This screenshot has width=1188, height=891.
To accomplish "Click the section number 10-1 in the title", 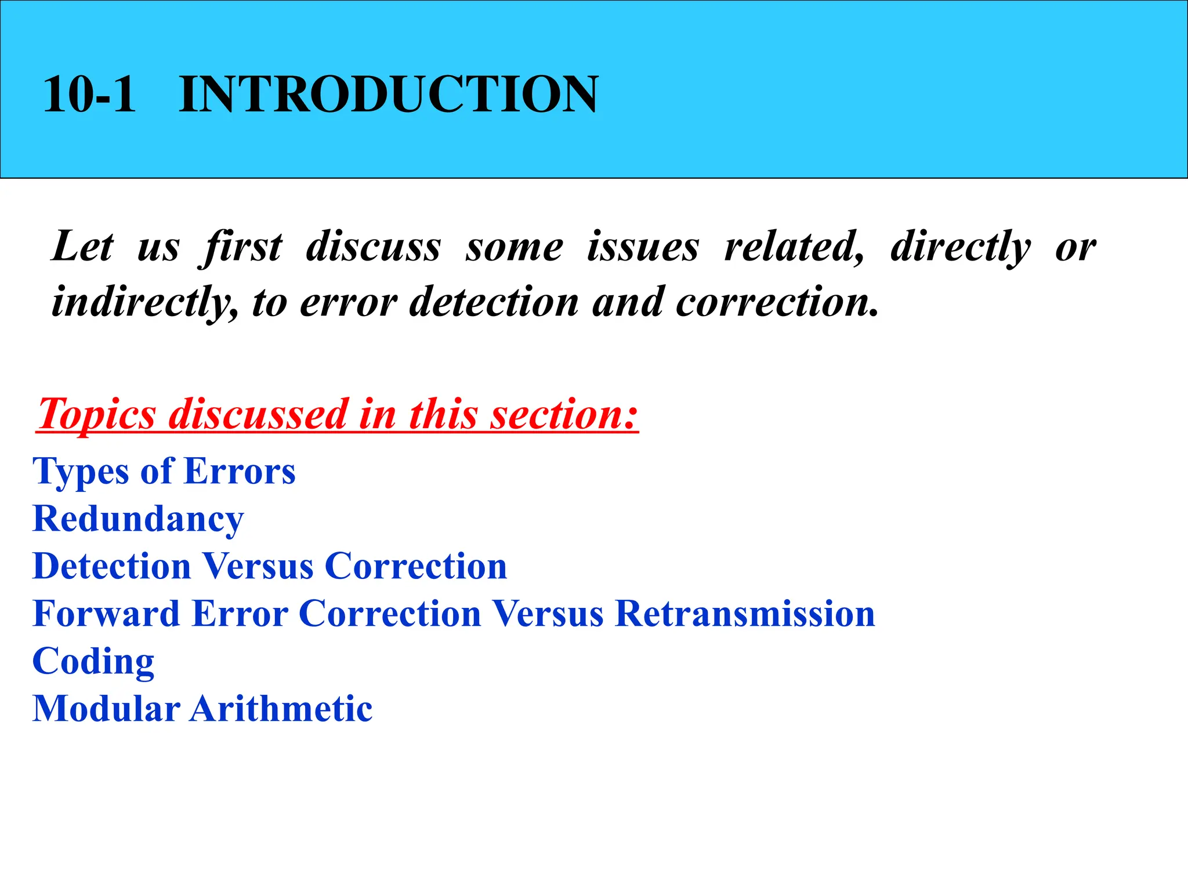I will click(89, 94).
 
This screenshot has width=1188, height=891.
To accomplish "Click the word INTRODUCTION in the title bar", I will click(388, 94).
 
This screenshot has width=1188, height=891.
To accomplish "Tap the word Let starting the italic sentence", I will click(82, 247).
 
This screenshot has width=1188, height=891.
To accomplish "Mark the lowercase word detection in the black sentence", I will click(494, 302).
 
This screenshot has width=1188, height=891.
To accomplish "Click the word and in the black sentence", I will click(627, 302).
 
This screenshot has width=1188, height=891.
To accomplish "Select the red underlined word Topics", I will click(97, 415).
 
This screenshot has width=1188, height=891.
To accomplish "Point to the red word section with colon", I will click(563, 415).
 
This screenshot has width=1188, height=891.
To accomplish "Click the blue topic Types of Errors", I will click(164, 471).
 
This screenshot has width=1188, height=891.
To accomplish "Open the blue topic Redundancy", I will click(139, 519).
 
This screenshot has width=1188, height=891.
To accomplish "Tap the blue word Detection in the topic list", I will click(112, 566).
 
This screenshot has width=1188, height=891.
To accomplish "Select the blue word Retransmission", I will click(745, 614).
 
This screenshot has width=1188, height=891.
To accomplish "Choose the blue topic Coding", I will click(93, 661).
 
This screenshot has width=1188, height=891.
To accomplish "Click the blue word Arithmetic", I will click(281, 709).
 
